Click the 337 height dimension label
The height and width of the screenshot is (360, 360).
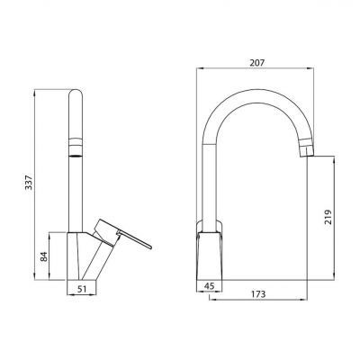[29, 182]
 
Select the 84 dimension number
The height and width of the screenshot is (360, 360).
[44, 256]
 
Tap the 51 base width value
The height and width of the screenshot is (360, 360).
[82, 289]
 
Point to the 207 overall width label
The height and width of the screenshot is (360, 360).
[257, 63]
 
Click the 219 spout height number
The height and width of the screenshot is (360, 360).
[328, 217]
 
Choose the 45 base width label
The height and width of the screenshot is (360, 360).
[209, 286]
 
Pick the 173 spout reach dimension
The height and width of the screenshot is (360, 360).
[258, 294]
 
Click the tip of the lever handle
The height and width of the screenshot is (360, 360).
[150, 247]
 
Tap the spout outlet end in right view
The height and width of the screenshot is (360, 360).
[307, 151]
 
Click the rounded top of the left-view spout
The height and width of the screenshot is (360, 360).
[76, 93]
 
